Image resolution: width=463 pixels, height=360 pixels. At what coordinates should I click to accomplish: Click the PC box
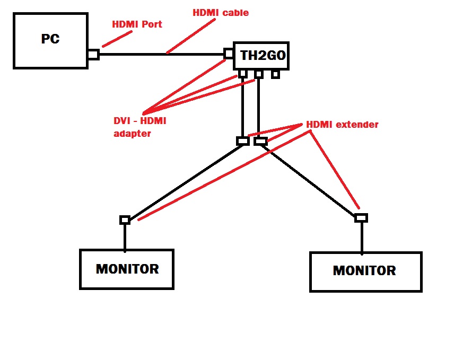[50, 40]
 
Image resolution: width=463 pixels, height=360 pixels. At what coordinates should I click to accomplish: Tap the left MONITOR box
[127, 269]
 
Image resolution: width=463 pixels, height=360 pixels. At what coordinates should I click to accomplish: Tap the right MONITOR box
[365, 271]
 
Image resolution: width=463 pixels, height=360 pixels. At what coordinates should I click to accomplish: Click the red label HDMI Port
[137, 24]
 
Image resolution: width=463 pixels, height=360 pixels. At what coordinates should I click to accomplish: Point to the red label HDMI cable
[220, 13]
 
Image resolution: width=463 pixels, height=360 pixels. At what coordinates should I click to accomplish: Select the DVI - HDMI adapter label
[140, 127]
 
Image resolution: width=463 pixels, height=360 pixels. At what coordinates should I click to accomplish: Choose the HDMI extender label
[342, 125]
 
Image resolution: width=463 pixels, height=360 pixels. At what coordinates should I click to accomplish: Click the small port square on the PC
[93, 55]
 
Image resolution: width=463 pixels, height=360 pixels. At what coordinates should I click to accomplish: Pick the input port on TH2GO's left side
[229, 54]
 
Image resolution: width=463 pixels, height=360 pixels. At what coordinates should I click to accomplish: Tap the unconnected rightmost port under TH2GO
[275, 74]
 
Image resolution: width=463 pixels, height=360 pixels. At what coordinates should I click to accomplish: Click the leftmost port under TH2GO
[243, 74]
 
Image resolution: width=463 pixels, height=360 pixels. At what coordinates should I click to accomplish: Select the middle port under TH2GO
[258, 74]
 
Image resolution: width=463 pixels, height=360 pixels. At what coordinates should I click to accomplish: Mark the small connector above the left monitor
[125, 219]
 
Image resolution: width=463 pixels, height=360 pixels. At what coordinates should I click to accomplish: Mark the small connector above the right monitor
[361, 218]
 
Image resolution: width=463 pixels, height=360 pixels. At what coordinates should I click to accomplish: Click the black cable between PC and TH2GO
[159, 54]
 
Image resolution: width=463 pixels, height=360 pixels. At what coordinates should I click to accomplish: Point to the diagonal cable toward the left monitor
[186, 181]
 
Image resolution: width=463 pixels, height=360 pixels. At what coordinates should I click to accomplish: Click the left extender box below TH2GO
[242, 141]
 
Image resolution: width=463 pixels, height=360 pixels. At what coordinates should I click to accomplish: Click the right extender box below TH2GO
[260, 141]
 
